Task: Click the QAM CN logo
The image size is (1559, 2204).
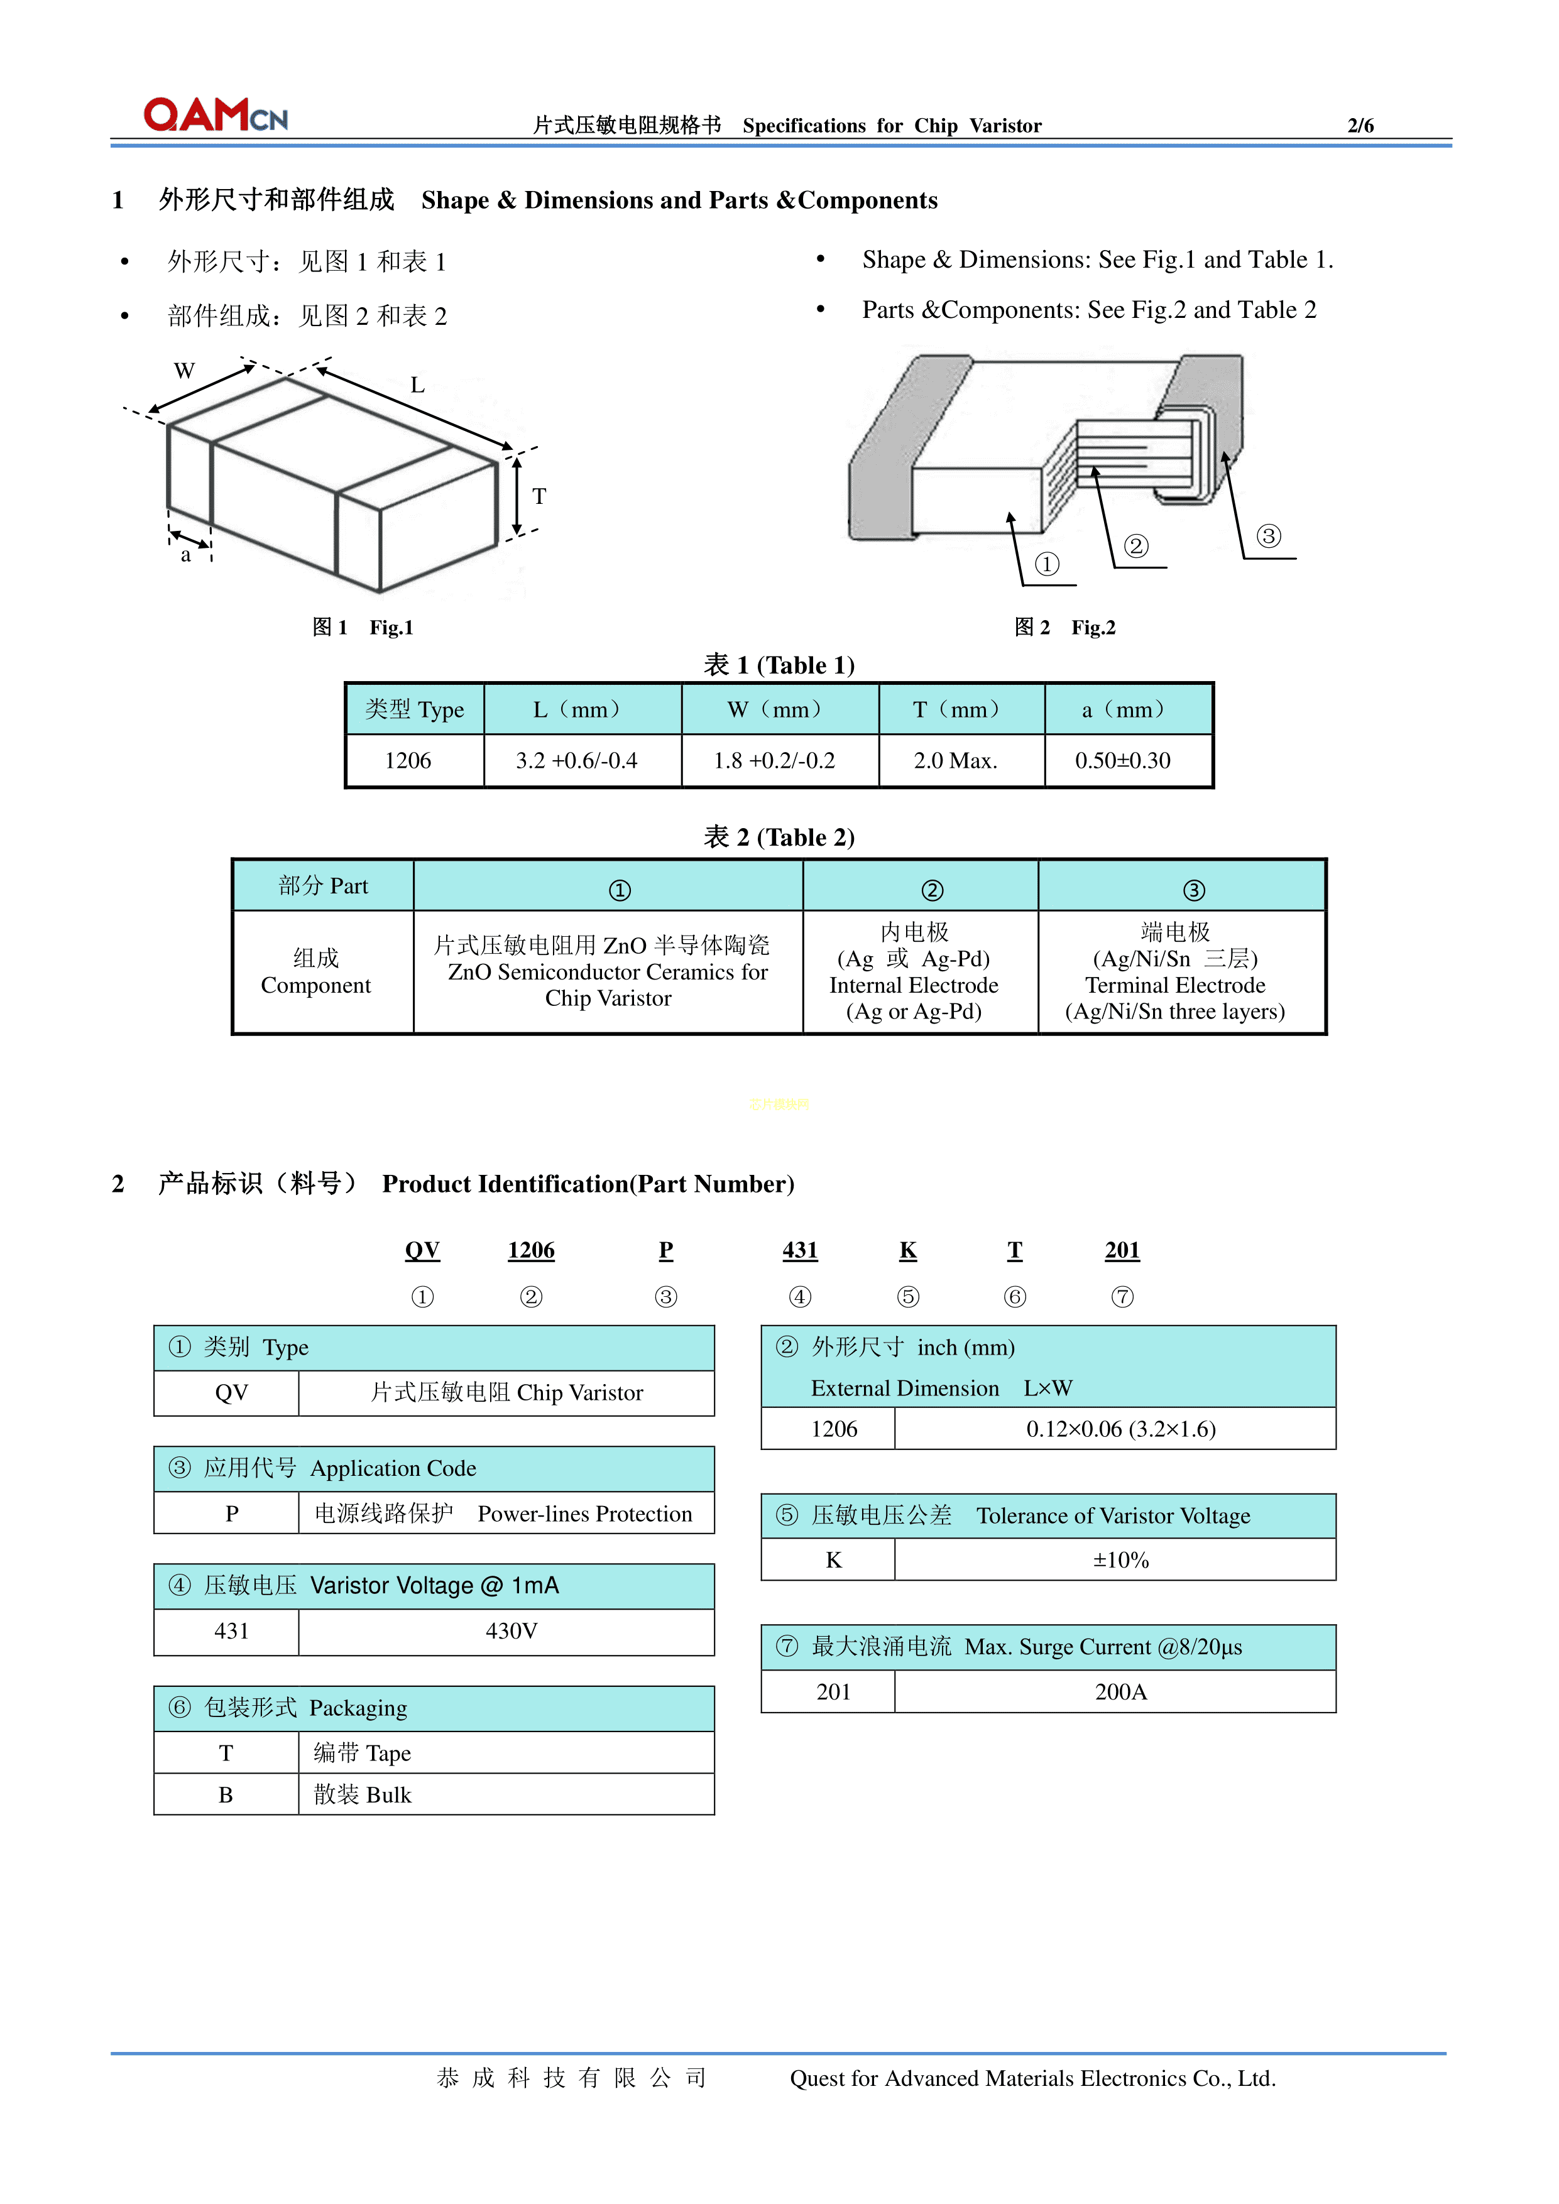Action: coord(215,114)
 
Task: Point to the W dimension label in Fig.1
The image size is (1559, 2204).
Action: coord(184,371)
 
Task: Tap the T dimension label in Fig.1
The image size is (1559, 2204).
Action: coord(540,496)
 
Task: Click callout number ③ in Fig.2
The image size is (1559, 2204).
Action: coord(1268,536)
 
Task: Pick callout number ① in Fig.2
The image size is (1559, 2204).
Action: coord(1046,564)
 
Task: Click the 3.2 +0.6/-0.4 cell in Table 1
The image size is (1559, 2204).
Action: coord(576,760)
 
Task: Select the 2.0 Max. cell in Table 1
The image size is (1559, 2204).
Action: coord(955,760)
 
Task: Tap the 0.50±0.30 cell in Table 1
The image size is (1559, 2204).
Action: coord(1122,760)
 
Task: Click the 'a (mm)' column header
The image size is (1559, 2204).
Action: coord(1122,709)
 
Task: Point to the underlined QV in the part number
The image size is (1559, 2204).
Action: coord(422,1250)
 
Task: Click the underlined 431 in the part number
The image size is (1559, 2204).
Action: coord(800,1250)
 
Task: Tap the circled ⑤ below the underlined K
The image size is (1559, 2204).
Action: coord(907,1297)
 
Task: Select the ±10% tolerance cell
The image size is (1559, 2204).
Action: coord(1120,1560)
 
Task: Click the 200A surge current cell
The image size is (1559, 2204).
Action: coord(1120,1691)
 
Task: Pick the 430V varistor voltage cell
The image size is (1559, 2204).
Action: coord(511,1631)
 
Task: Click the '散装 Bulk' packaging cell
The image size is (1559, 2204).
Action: coord(363,1794)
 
